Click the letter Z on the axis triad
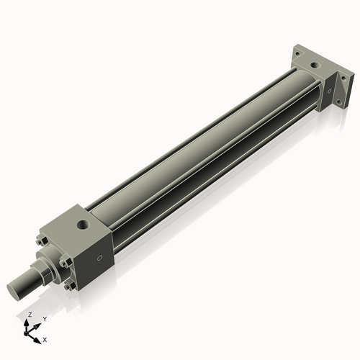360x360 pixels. click(30, 315)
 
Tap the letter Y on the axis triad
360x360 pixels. click(45, 318)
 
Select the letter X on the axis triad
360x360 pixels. click(45, 338)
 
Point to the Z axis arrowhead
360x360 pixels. click(29, 322)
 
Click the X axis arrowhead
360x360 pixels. click(38, 336)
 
